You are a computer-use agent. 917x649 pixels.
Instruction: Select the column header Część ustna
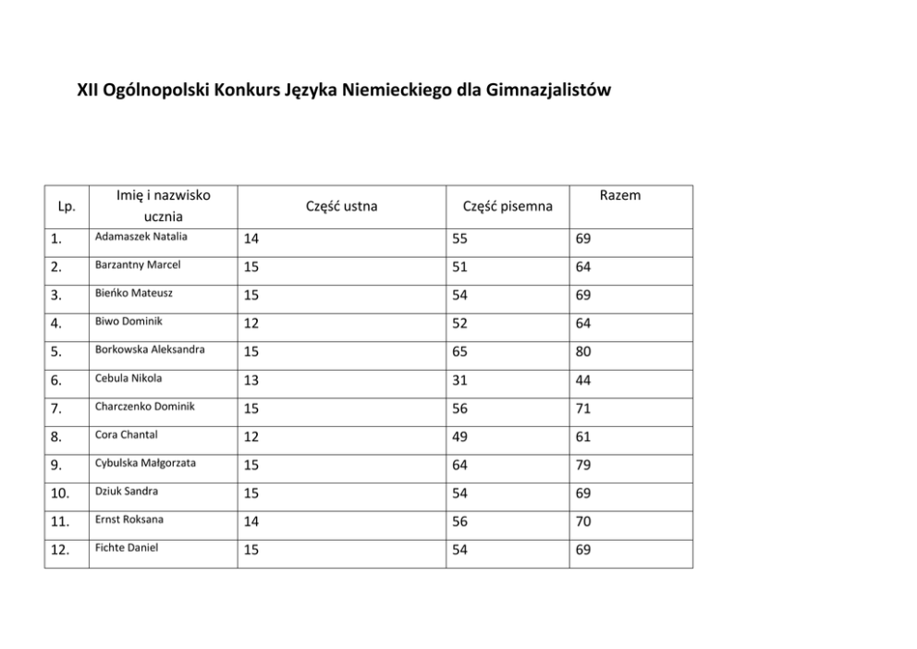coord(341,206)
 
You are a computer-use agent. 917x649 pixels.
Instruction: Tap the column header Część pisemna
coord(507,206)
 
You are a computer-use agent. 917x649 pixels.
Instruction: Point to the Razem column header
coord(619,195)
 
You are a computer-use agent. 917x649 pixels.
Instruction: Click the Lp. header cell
coord(67,206)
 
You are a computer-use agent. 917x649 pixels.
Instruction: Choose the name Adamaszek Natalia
coord(141,237)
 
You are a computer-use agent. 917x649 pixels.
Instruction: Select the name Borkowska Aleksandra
coord(150,349)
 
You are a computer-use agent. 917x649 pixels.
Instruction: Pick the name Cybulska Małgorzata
coord(146,463)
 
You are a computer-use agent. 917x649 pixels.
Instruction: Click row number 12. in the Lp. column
coord(61,550)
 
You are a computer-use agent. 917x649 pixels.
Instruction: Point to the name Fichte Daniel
coord(127,548)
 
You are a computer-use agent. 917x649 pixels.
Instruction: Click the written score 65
coord(459,352)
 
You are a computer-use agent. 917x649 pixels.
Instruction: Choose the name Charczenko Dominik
coord(145,407)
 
